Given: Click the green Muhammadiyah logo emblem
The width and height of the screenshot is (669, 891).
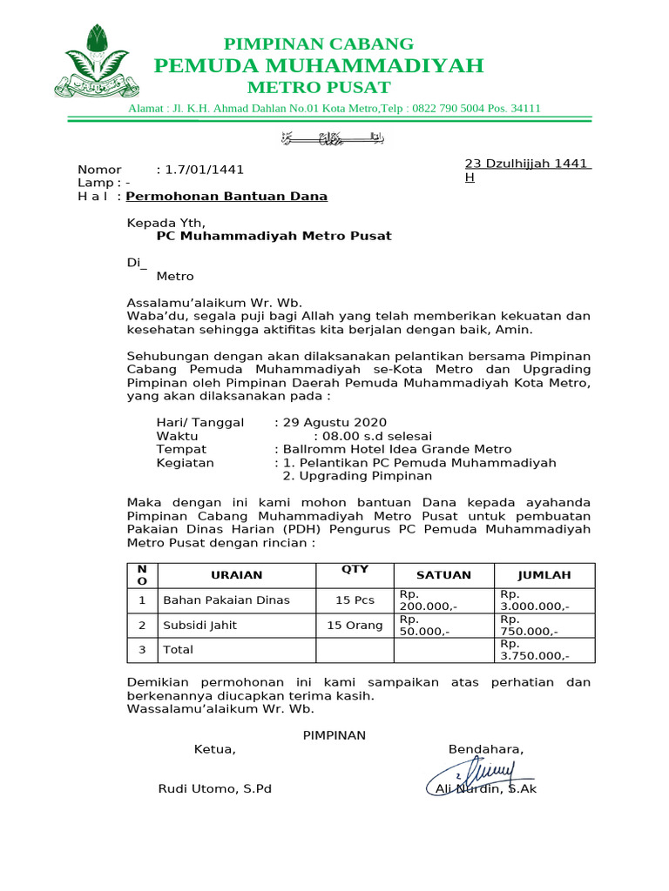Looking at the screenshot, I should [x=96, y=61].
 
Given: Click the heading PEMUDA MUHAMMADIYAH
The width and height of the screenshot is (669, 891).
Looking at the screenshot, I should [x=318, y=66].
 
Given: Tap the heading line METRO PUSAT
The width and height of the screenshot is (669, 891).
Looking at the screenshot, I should [x=318, y=88].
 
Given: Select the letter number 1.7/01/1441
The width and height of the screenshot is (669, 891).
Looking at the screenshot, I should [x=199, y=170].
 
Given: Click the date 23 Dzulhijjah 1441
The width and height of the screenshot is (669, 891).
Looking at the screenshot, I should [x=527, y=164].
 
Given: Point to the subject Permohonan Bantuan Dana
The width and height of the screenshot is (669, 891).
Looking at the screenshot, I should [x=226, y=197].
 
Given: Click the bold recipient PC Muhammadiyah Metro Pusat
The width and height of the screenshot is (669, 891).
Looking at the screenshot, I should [x=274, y=236].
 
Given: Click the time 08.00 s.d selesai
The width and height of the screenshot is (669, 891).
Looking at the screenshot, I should [x=373, y=436].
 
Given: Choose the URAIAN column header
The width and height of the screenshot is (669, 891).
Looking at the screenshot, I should [x=236, y=575].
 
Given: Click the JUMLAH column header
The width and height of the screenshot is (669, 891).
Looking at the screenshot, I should [x=544, y=575].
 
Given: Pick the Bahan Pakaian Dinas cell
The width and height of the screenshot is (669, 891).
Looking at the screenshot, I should [x=226, y=600].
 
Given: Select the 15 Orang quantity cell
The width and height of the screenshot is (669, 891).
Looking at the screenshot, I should [x=355, y=625].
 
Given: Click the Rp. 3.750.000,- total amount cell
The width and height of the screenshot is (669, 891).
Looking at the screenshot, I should [x=534, y=650].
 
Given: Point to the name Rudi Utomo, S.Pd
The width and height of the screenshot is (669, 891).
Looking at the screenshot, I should [x=214, y=789].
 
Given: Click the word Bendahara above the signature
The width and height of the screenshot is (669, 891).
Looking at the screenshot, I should [x=486, y=750].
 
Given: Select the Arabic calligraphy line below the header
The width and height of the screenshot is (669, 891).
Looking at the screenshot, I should [x=334, y=137].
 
